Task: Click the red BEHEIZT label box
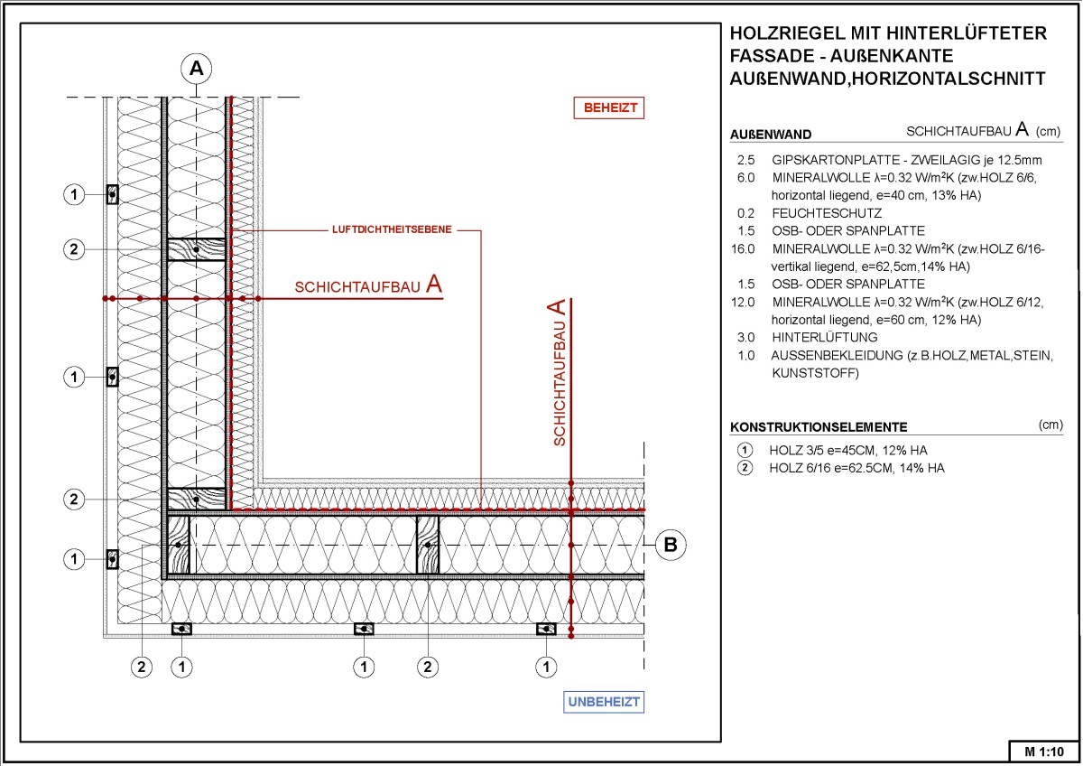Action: [610, 107]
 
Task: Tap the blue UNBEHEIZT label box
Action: [605, 702]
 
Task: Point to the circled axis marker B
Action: [671, 545]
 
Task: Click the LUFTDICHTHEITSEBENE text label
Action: [392, 229]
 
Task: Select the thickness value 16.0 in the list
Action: [744, 248]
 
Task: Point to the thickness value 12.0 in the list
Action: [744, 303]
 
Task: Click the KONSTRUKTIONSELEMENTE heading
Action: [819, 427]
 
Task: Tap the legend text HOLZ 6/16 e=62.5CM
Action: [856, 468]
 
